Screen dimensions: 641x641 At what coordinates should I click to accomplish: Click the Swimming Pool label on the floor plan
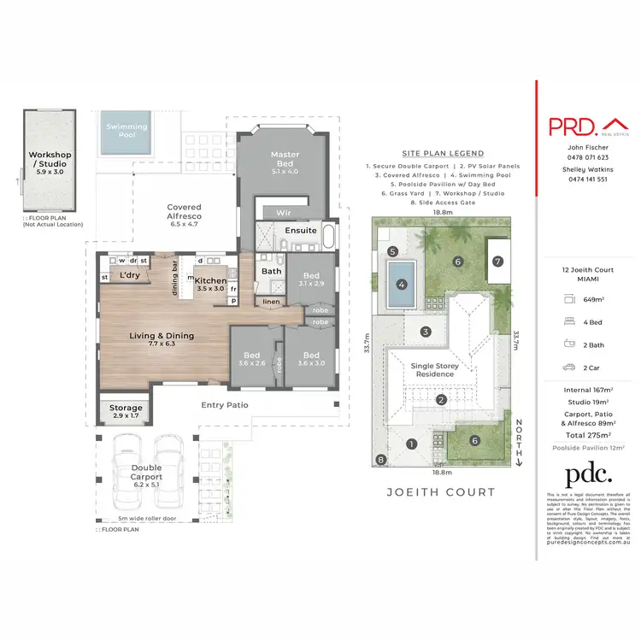pyautogui.click(x=126, y=131)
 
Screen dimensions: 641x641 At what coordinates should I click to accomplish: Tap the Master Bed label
pyautogui.click(x=285, y=160)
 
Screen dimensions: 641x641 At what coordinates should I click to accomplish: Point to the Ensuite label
pyautogui.click(x=300, y=231)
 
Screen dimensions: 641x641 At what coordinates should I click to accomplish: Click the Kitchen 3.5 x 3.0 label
pyautogui.click(x=209, y=285)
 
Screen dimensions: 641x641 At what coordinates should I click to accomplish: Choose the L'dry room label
pyautogui.click(x=130, y=275)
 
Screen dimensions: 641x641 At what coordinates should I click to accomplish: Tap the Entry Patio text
pyautogui.click(x=224, y=405)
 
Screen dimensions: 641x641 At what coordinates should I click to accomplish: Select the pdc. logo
pyautogui.click(x=589, y=475)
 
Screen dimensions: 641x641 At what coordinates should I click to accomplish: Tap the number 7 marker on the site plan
pyautogui.click(x=497, y=260)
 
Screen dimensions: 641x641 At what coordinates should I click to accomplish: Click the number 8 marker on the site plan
pyautogui.click(x=381, y=461)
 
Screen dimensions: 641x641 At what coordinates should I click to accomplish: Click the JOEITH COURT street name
pyautogui.click(x=441, y=491)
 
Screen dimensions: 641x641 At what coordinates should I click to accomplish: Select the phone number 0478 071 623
pyautogui.click(x=588, y=157)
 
